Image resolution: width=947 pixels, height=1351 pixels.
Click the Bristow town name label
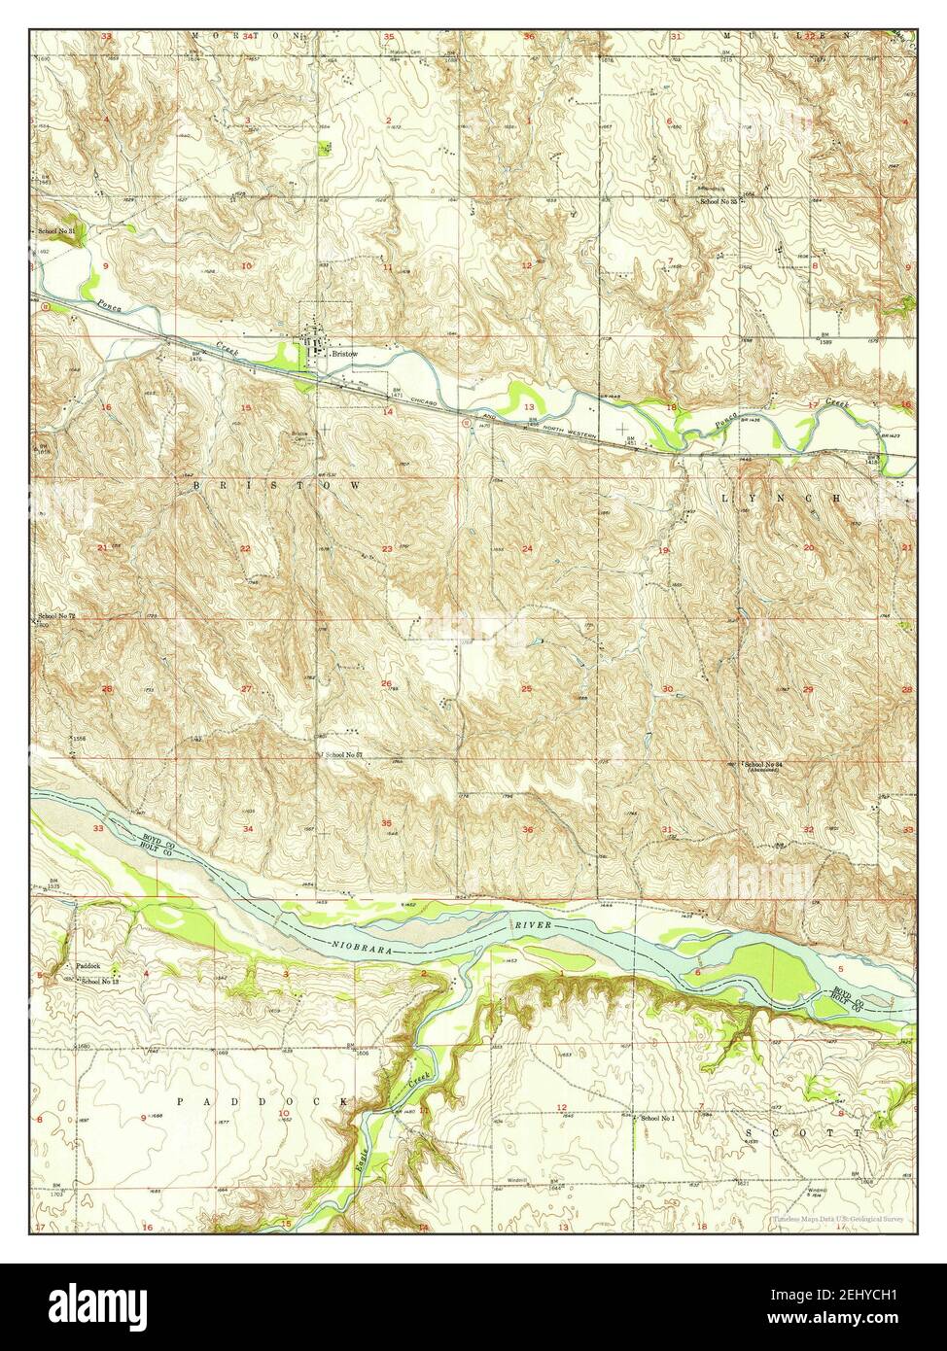click(345, 355)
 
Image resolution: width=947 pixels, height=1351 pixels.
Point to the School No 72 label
click(56, 618)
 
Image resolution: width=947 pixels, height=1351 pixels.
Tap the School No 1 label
click(658, 1119)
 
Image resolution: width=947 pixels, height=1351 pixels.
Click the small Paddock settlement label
click(89, 967)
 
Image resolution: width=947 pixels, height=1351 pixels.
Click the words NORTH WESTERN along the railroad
click(544, 427)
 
